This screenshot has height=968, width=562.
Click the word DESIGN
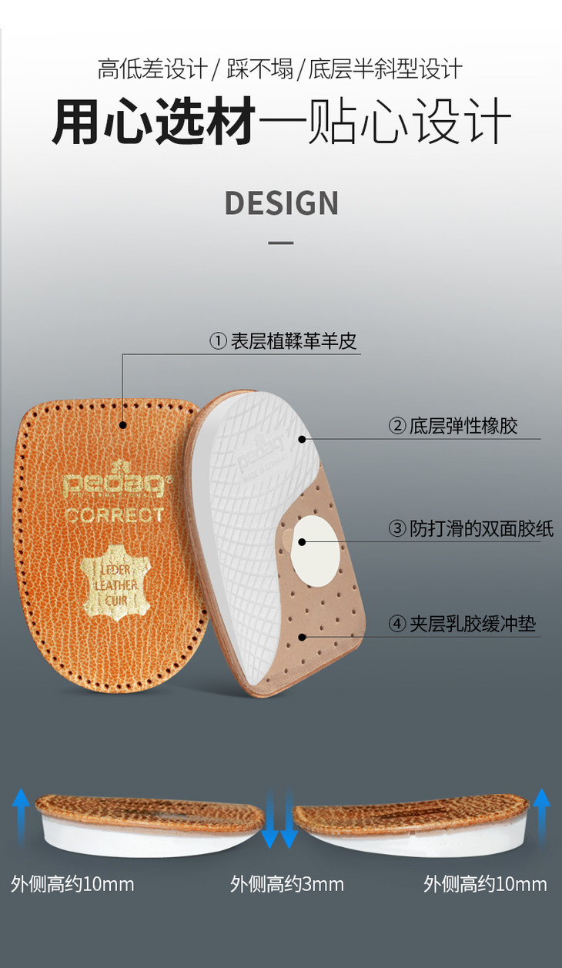[x=281, y=203]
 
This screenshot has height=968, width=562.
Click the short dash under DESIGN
[x=281, y=243]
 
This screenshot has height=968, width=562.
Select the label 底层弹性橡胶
[x=463, y=426]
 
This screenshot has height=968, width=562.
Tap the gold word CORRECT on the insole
[x=114, y=515]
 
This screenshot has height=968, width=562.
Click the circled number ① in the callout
[x=219, y=341]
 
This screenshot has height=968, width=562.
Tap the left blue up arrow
[x=22, y=817]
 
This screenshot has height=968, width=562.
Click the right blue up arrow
[x=542, y=817]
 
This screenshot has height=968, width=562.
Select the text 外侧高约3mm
[x=287, y=884]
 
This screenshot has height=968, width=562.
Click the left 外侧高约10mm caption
[x=72, y=884]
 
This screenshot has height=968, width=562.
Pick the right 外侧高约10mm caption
[x=485, y=884]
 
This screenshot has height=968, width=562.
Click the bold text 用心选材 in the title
[x=154, y=121]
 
